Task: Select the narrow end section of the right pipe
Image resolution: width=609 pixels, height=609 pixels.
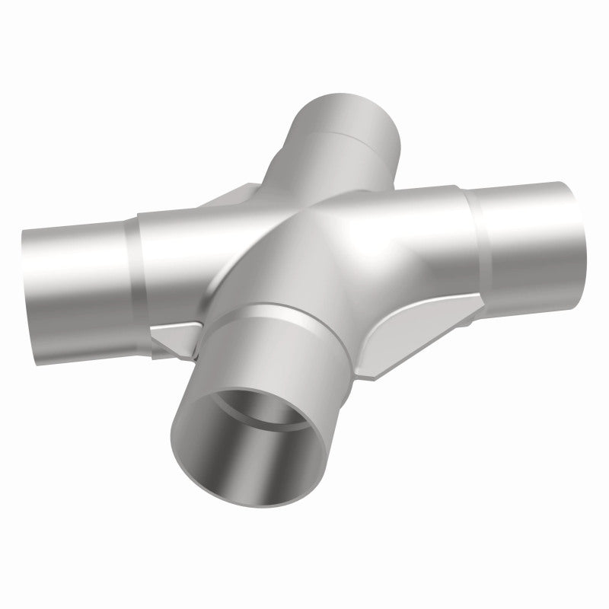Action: point(533,228)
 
